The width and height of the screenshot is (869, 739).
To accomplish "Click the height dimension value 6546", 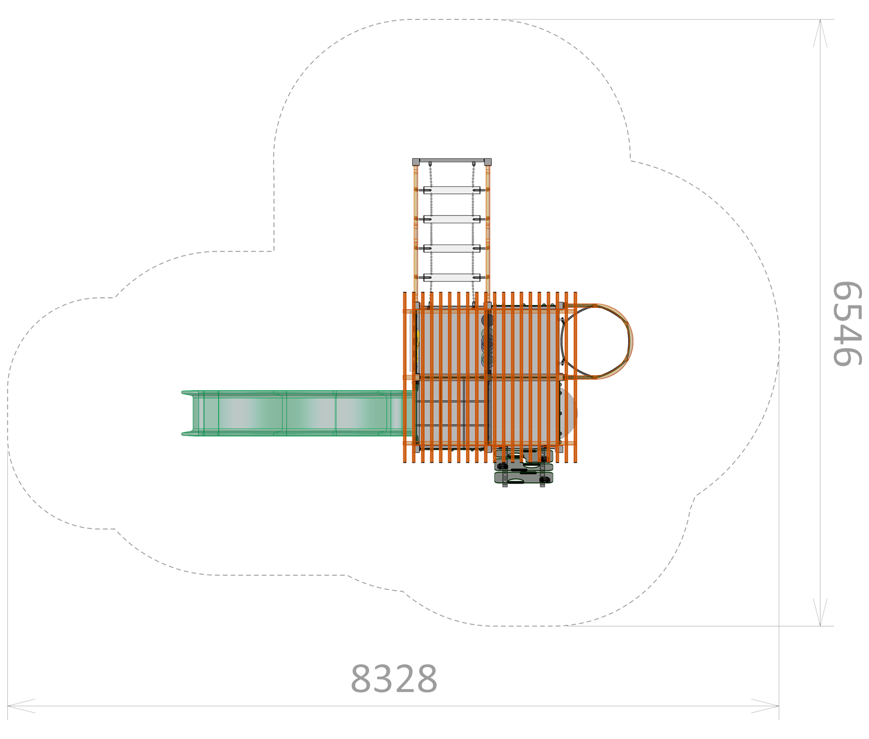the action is (x=846, y=324).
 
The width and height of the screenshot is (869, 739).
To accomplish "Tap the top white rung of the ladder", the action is (x=452, y=190).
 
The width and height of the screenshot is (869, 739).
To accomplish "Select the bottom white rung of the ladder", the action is (x=452, y=277).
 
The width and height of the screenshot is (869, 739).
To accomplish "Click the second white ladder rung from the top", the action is (x=452, y=219).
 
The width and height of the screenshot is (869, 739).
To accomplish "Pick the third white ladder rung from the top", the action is (x=452, y=248).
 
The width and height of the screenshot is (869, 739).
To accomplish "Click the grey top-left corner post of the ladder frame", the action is (x=416, y=162).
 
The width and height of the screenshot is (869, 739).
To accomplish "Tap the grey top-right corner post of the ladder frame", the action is (x=488, y=162).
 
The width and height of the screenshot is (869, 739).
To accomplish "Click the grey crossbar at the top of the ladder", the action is (x=452, y=160).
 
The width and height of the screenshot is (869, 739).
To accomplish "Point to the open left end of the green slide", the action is (x=187, y=413).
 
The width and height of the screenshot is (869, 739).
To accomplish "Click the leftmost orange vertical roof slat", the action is (x=405, y=377).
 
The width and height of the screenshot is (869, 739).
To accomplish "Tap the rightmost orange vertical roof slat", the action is (x=575, y=377).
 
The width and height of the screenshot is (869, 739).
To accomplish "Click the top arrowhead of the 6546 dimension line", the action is (x=820, y=33).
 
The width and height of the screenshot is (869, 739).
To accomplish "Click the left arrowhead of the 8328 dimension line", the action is (x=21, y=706).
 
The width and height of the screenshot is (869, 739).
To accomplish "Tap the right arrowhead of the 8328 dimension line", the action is (x=765, y=706).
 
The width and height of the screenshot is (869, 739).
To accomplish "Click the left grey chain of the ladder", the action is (x=431, y=233).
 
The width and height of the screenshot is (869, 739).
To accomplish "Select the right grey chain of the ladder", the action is (x=473, y=233).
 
